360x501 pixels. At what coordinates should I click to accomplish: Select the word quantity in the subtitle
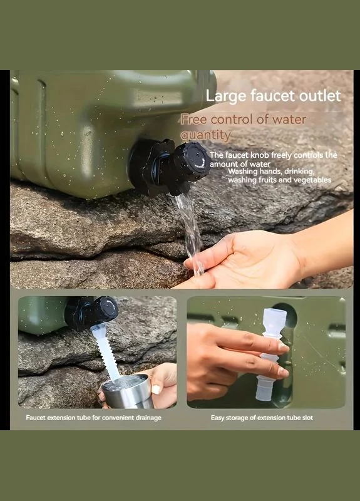[205, 135]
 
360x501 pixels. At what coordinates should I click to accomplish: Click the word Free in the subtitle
[194, 120]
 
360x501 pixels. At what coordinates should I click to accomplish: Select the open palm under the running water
[243, 259]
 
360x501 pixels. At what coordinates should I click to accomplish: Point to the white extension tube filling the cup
[106, 351]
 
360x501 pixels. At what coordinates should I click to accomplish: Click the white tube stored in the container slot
[270, 354]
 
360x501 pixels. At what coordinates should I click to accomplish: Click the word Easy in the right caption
[217, 418]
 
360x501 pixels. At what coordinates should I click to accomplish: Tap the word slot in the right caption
[307, 418]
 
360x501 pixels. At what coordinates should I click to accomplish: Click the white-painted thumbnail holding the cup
[156, 390]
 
